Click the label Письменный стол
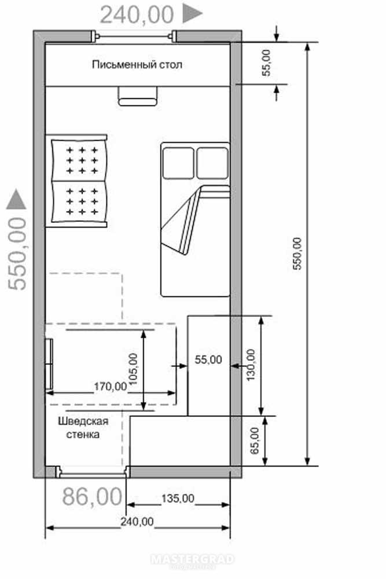137,65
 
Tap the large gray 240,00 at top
137,15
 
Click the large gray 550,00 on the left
17,254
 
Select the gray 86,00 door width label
92,497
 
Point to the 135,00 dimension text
178,499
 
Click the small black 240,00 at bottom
137,522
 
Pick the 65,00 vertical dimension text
255,441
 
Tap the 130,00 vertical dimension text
251,365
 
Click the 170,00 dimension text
111,387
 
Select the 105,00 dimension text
133,369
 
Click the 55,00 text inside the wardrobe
208,360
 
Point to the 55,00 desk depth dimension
266,63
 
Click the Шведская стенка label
83,428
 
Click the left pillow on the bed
178,163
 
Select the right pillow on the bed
212,163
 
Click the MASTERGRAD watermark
192,559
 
